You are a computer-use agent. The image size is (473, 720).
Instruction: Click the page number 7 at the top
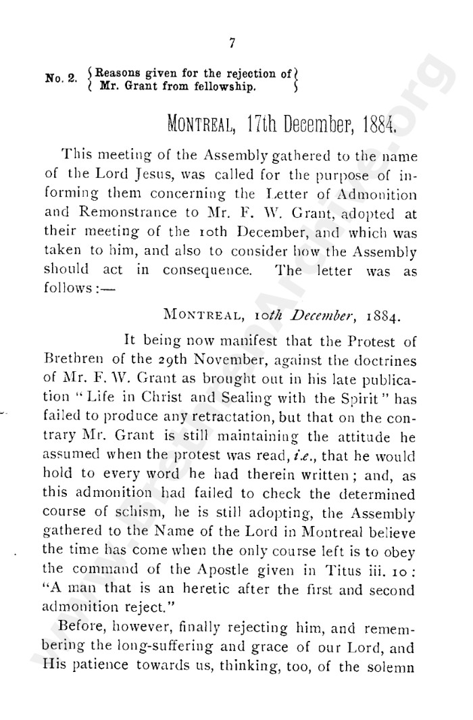click(232, 43)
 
